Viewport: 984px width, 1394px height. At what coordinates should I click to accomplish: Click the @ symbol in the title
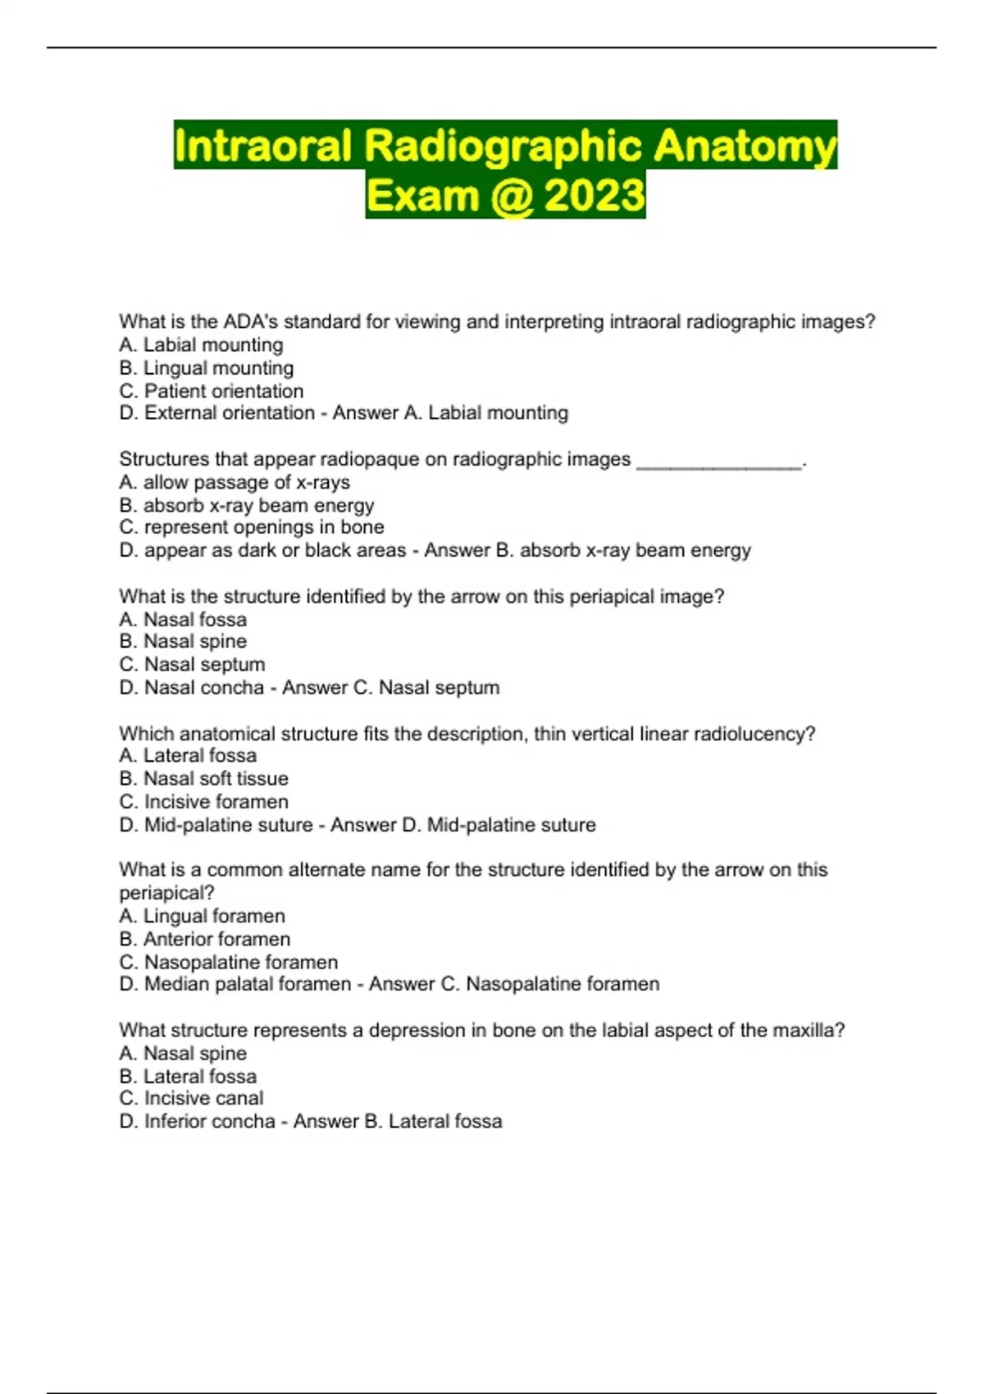point(512,196)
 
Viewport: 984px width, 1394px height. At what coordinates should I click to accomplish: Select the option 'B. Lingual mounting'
point(206,368)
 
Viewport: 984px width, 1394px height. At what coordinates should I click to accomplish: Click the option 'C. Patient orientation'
point(211,391)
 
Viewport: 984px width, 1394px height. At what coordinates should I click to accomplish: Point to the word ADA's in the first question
point(251,321)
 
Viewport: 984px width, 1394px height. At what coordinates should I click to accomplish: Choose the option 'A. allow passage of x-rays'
point(235,482)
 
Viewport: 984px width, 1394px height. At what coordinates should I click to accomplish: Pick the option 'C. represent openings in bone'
point(251,527)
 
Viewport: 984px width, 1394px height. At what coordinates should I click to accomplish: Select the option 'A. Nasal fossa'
point(183,620)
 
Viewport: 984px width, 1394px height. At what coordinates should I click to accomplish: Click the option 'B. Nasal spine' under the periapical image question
point(183,641)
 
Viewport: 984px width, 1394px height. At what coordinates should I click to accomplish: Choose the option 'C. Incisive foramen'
point(203,801)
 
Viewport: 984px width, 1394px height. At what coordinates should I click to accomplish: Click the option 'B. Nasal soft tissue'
point(203,778)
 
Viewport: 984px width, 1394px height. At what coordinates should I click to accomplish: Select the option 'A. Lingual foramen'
point(202,916)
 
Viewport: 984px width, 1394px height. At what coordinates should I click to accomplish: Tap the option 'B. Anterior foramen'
point(204,939)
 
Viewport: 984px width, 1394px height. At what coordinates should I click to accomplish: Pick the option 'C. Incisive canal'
point(191,1098)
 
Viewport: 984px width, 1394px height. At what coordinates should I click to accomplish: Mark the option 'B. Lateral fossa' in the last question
point(188,1076)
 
